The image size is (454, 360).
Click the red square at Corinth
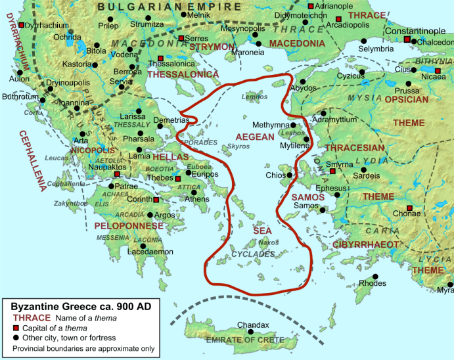(156, 200)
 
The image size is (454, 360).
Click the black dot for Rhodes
(375, 277)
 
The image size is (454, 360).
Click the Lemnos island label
(256, 97)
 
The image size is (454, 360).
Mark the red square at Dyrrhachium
(22, 25)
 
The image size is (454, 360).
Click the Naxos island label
(264, 242)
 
